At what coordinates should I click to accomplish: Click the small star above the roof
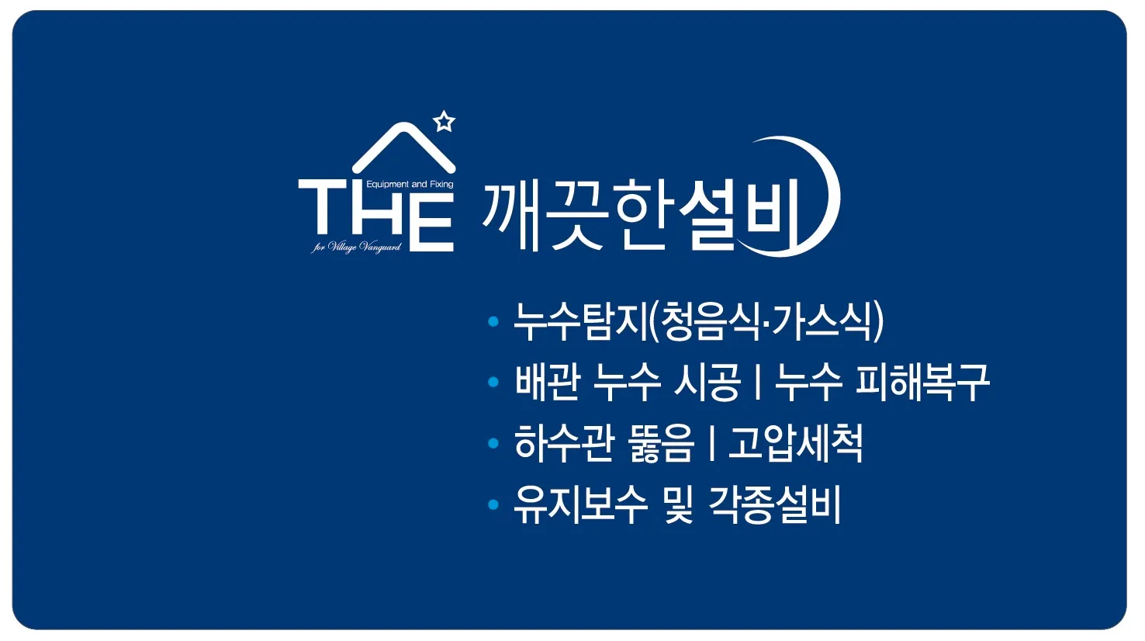444,122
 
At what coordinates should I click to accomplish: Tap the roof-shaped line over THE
403,144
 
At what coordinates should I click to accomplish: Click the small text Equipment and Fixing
410,185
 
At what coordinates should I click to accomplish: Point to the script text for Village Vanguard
357,248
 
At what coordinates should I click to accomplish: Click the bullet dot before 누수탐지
493,321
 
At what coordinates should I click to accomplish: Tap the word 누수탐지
580,321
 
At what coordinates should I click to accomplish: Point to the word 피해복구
923,382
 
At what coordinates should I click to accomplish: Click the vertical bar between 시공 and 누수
757,382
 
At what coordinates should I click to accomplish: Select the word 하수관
565,443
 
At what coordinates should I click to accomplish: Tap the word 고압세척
795,443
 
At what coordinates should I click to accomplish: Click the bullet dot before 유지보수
493,505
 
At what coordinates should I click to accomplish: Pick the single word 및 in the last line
678,505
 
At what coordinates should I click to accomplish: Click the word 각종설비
775,505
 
